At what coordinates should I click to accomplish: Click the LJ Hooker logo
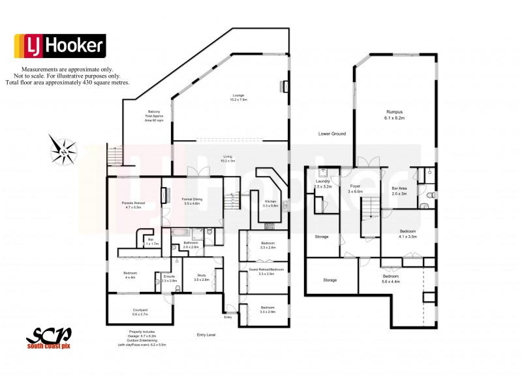pyautogui.click(x=59, y=45)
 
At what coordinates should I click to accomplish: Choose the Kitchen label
pyautogui.click(x=270, y=202)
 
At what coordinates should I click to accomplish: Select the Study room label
pyautogui.click(x=202, y=276)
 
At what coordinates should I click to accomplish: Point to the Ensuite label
pyautogui.click(x=168, y=278)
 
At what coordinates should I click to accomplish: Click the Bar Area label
pyautogui.click(x=399, y=190)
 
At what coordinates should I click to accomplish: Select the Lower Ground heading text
pyautogui.click(x=331, y=134)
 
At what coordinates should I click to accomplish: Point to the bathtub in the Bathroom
pyautogui.click(x=180, y=232)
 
